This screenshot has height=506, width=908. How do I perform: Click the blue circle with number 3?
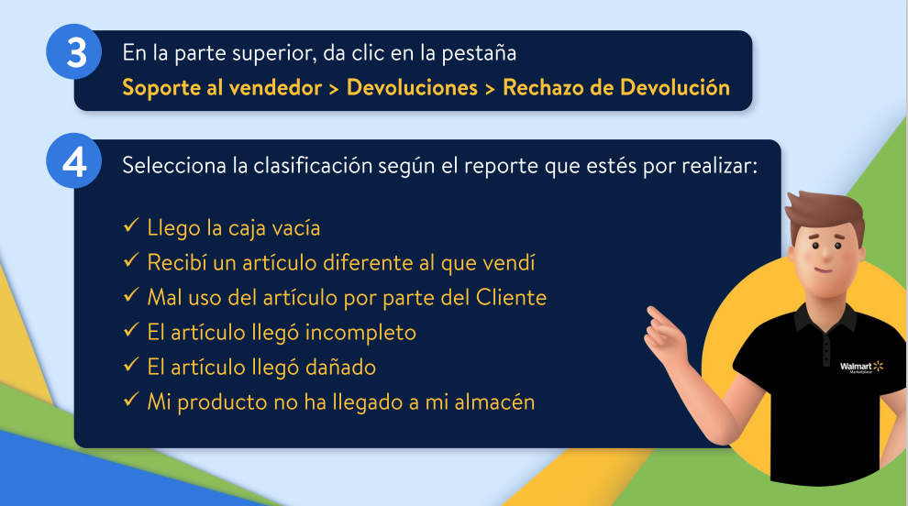(74, 52)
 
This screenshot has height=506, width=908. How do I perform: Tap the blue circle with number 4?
(74, 161)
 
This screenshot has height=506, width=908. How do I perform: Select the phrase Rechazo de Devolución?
(616, 87)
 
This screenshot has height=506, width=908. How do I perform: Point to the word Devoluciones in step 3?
(413, 87)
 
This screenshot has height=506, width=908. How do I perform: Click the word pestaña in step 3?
(479, 53)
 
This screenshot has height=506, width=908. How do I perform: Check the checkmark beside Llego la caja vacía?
(131, 225)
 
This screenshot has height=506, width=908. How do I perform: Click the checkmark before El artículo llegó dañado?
(131, 365)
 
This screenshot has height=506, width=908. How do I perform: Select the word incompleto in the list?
(360, 333)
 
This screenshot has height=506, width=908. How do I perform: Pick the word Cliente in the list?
(512, 298)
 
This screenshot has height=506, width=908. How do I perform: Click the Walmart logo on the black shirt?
(861, 367)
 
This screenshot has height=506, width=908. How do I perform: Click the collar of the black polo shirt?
(825, 316)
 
